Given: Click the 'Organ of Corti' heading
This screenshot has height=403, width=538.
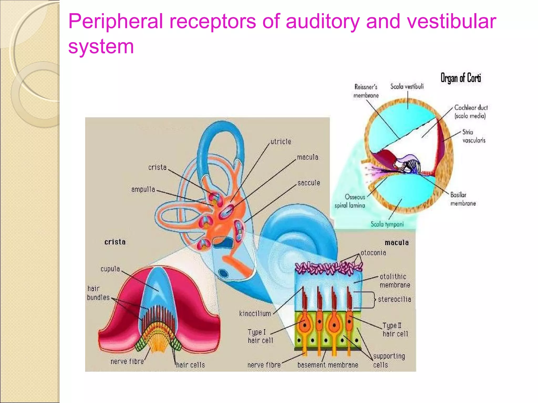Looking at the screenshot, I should coord(461,78).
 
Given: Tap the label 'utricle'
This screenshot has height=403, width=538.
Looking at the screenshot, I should coord(281,142).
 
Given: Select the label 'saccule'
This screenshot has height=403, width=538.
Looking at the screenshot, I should coord(309,183).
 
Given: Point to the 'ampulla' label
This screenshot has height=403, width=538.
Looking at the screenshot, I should coord(143,189).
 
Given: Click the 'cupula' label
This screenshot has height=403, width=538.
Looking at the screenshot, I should coord(110,269).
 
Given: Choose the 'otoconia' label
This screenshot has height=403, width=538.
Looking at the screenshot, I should coord(373,253).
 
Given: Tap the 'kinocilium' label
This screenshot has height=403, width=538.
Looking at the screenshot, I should coord(255,314).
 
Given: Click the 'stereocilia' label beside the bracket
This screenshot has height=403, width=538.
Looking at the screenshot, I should coord(394,299).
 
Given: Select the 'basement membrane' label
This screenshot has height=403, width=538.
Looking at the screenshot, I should coord(328,365).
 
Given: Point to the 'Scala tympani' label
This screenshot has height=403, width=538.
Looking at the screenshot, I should coord(387,224).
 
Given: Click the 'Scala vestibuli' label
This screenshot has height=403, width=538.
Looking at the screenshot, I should coord(407,87).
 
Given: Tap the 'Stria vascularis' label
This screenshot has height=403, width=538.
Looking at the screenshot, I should coord(474,136).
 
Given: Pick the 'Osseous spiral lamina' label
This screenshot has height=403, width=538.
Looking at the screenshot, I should coord(350,201).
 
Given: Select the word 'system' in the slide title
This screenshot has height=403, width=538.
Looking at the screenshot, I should coord(101,47).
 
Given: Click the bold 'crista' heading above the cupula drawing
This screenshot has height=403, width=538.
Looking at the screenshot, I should coord(115,242).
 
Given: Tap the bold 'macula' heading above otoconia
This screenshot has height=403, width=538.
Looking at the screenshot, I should coord(397,243).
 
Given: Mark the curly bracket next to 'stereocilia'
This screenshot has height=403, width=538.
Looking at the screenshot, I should coord(373,300).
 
